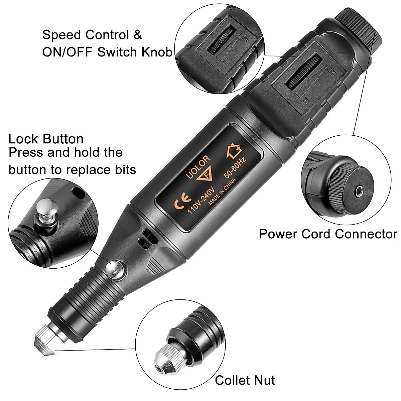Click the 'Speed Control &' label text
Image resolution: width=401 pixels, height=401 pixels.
click(x=92, y=35)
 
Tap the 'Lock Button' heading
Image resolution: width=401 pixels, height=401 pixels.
click(x=46, y=139)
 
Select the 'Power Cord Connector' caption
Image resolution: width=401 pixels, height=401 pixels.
click(x=328, y=234)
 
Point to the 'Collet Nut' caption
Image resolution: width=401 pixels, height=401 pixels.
click(x=245, y=380)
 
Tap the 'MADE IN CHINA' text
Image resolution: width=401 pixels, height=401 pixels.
click(x=222, y=191)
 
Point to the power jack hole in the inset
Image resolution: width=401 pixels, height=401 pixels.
click(x=359, y=191)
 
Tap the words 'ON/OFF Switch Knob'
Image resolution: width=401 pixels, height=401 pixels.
click(x=107, y=52)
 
